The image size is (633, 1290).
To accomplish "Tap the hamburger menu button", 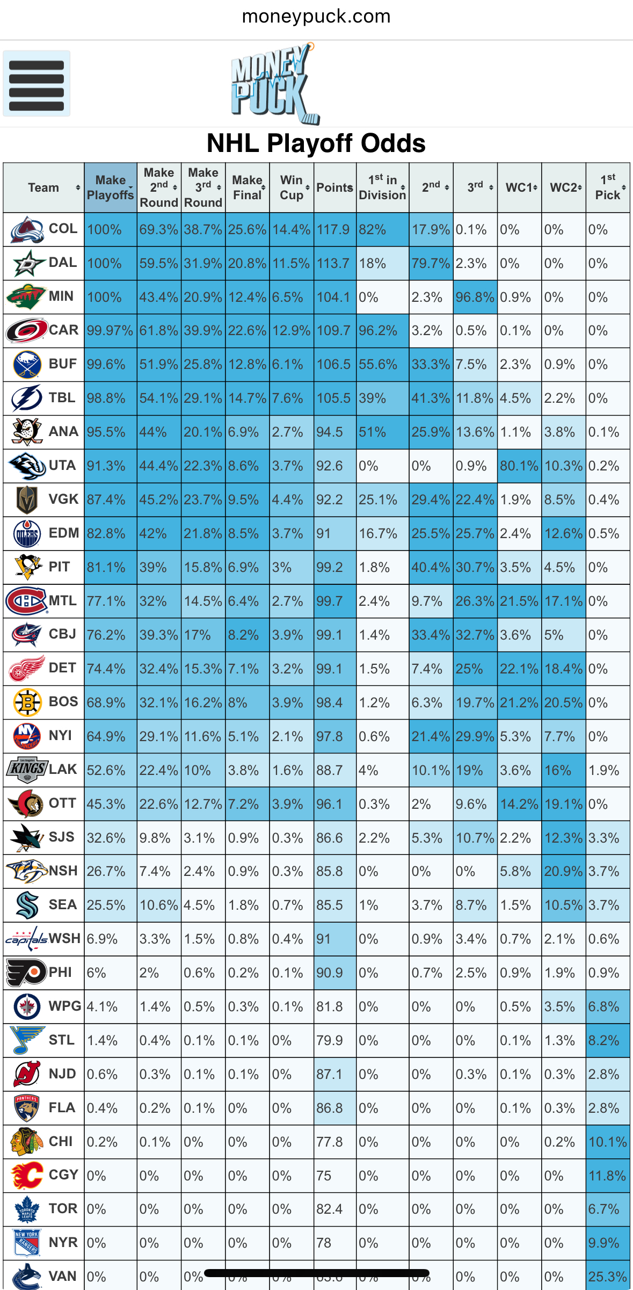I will pos(37,84).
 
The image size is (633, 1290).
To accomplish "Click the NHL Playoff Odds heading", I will pos(316,143).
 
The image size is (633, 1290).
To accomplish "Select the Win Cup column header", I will pos(292,187).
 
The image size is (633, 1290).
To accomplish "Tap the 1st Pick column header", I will pos(608,187).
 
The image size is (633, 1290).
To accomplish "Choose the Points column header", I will pos(334,187).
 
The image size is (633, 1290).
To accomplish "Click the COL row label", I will pos(63,229).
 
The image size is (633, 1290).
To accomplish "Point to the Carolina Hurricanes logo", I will pos(26,330).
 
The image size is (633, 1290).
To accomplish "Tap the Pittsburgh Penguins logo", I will pos(27,567).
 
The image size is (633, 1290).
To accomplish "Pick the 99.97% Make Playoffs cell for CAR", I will pos(110,331).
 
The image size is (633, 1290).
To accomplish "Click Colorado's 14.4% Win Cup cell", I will pos(292,230).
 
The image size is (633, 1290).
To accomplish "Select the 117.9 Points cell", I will pos(334,230).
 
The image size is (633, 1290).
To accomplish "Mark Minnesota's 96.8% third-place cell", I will pos(475,297).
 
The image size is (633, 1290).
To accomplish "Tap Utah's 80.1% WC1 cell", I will pos(519,466).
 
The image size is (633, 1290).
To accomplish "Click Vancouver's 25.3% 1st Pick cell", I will pos(608,1277).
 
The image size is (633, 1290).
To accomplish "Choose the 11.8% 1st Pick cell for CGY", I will pos(608,1176).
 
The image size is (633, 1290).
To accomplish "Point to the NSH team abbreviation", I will pos(63,871).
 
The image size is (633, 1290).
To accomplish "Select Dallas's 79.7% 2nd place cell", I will pos(431,263).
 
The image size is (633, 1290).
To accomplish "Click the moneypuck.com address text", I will pos(316,17).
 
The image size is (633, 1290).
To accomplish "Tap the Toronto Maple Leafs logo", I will pos(27,1209).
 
